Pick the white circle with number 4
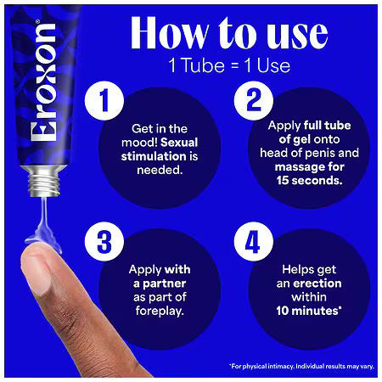tap(253, 241)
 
